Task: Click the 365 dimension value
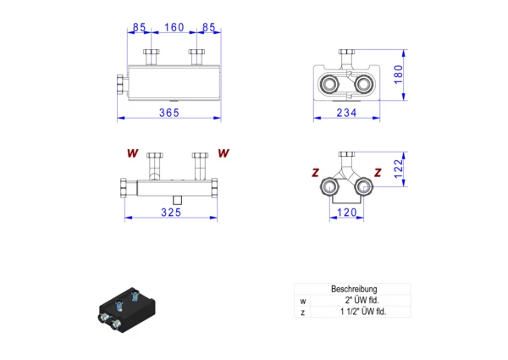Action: pyautogui.click(x=168, y=113)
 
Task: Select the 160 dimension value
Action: pyautogui.click(x=174, y=27)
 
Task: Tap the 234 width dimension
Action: pyautogui.click(x=346, y=113)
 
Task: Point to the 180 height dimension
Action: pyautogui.click(x=398, y=75)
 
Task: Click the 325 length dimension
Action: pyautogui.click(x=171, y=213)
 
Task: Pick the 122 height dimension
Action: pyautogui.click(x=398, y=169)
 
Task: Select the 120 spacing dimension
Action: pyautogui.click(x=346, y=213)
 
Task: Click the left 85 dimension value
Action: pyautogui.click(x=140, y=27)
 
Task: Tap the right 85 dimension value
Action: pyautogui.click(x=208, y=27)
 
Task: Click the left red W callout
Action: pyautogui.click(x=133, y=153)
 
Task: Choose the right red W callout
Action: pyautogui.click(x=224, y=153)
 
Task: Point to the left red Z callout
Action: pyautogui.click(x=315, y=173)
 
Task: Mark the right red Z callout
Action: pyautogui.click(x=378, y=173)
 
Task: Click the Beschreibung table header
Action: pyautogui.click(x=354, y=289)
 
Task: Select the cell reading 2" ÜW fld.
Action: pyautogui.click(x=362, y=300)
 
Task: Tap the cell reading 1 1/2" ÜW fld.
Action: pyautogui.click(x=363, y=312)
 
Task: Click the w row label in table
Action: pyautogui.click(x=302, y=302)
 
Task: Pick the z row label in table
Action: pyautogui.click(x=302, y=313)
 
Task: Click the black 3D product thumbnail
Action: pyautogui.click(x=127, y=310)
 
